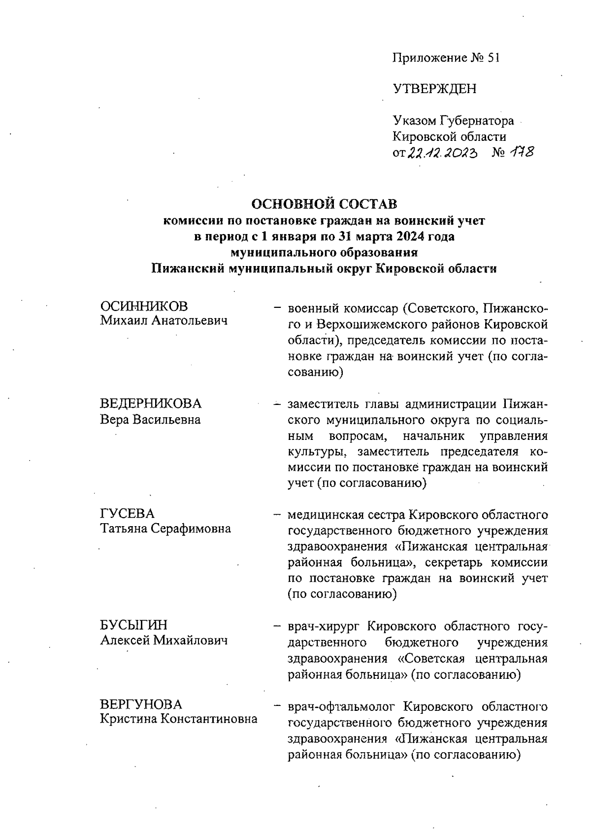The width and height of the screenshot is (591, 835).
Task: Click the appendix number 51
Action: [493, 58]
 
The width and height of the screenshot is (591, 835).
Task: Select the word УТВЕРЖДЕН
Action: [434, 89]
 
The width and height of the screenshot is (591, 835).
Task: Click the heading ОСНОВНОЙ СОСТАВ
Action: [324, 203]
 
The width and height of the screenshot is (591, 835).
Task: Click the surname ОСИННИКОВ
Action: [144, 306]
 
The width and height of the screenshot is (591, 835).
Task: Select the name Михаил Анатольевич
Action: [164, 322]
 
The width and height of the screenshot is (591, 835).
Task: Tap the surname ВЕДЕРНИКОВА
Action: [151, 403]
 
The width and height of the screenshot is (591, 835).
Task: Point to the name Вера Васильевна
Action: [150, 420]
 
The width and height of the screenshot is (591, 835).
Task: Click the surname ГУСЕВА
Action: [127, 514]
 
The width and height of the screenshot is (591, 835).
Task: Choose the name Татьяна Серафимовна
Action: [165, 529]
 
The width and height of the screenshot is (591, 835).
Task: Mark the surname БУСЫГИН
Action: [133, 625]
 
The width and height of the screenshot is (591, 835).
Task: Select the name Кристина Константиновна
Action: [178, 719]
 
